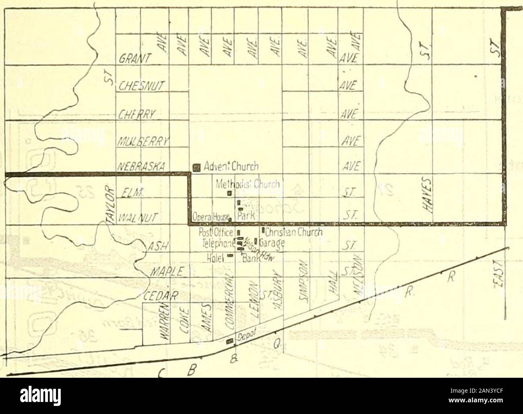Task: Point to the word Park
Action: (246, 216)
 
